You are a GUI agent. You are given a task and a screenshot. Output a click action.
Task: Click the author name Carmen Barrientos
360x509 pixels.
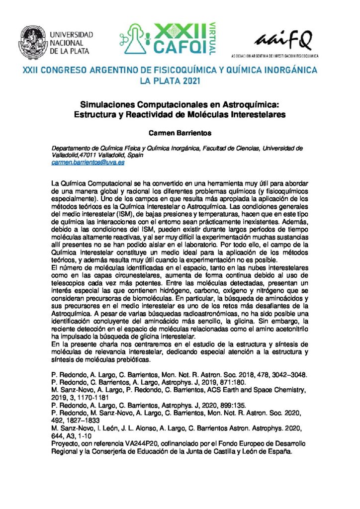click(x=180, y=133)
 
